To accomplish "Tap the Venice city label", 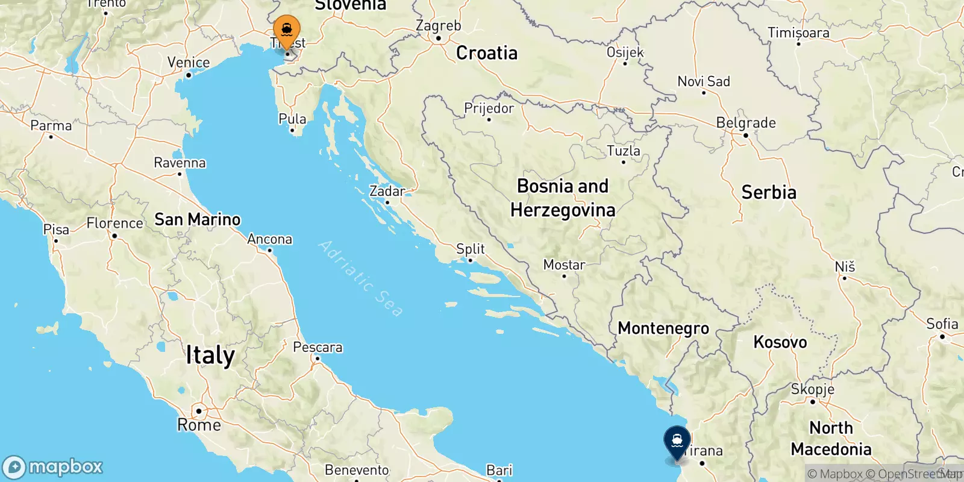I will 189,63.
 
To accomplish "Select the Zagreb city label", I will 438,26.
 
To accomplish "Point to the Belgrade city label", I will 746,123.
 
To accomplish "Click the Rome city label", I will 199,425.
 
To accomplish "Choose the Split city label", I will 471,249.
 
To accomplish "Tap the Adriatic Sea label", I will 360,278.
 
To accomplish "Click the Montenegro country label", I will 663,328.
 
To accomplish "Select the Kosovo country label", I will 780,342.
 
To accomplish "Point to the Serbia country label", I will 769,192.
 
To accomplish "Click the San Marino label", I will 198,219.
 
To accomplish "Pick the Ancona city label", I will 269,239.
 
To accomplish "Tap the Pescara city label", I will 318,348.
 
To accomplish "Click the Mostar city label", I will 564,264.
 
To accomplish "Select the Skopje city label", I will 813,389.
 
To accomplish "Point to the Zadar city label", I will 387,191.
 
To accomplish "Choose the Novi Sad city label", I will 704,81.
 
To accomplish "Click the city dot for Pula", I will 292,130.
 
